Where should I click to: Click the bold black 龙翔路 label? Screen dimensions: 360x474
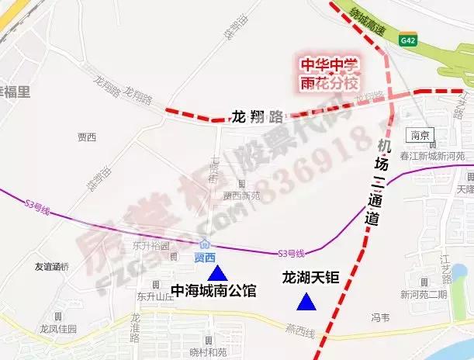pos(257,117)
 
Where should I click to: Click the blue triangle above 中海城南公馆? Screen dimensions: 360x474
pos(218,272)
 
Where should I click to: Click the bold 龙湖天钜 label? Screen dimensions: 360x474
pos(310,277)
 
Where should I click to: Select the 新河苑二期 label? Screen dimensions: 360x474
pos(424,295)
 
